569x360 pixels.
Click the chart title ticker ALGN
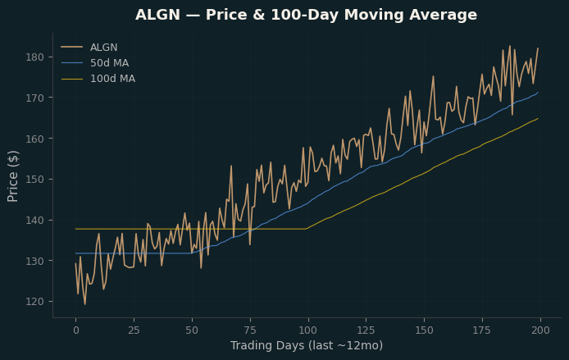(x=157, y=15)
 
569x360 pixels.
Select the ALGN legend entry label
(x=104, y=48)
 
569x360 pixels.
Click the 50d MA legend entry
(x=109, y=63)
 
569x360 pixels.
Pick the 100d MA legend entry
(x=112, y=79)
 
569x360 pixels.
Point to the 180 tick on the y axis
(x=34, y=57)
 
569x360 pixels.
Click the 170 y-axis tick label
(x=34, y=98)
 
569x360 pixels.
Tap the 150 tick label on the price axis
(x=34, y=180)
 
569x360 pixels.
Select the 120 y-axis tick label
(x=34, y=302)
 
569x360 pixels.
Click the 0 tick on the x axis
(x=76, y=330)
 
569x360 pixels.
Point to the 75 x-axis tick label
(x=250, y=330)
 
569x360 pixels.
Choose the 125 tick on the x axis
(x=366, y=330)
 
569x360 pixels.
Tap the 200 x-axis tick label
(x=540, y=330)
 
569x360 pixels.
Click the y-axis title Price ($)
(x=12, y=176)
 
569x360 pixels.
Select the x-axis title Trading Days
(x=267, y=345)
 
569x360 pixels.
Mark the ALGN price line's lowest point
(x=85, y=304)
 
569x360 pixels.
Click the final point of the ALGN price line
(x=538, y=48)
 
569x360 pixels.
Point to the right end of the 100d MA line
(x=538, y=118)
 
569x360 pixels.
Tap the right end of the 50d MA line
(x=538, y=92)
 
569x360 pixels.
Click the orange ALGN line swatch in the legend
(x=72, y=48)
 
